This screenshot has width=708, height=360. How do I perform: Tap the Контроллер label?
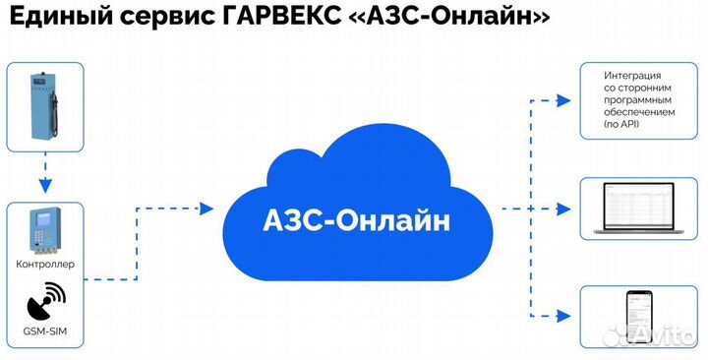click(x=45, y=265)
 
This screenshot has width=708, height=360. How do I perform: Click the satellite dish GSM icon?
click(x=45, y=298)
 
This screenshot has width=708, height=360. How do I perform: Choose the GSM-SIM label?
click(x=45, y=332)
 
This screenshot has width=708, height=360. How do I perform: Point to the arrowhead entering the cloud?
click(x=206, y=208)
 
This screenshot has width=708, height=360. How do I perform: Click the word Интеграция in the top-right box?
click(x=632, y=76)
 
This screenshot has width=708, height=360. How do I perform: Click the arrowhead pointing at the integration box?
click(x=563, y=99)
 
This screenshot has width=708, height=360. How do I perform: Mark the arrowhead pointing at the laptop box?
click(x=563, y=208)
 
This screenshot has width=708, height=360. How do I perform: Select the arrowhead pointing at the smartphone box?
click(x=563, y=315)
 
